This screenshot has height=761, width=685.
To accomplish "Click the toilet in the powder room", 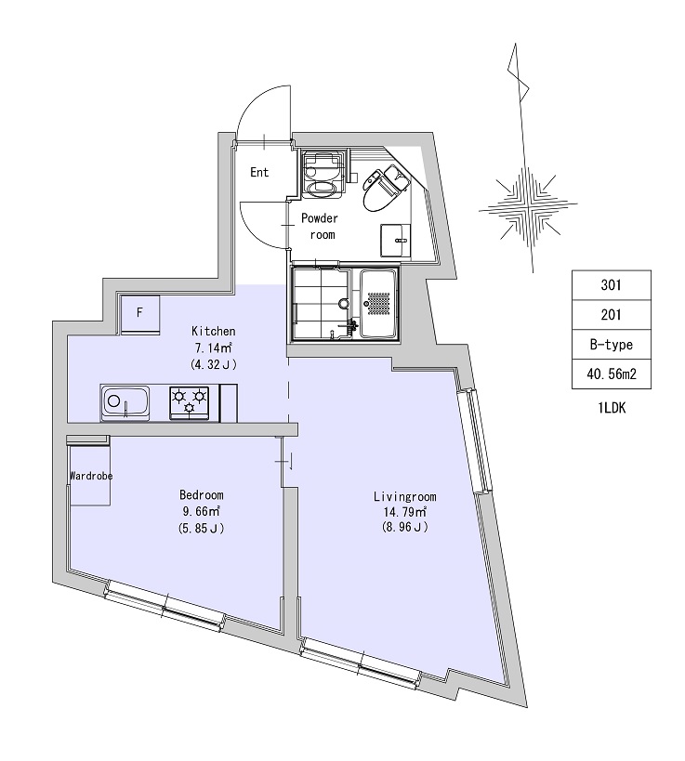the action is [x=384, y=188].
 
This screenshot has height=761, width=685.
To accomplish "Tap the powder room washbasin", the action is [x=396, y=241].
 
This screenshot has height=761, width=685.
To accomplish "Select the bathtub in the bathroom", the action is [x=378, y=304].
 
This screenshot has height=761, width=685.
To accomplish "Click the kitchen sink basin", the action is [x=125, y=402].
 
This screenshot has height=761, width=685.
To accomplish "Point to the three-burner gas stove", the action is [x=190, y=403].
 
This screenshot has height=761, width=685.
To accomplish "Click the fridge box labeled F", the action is [x=139, y=313].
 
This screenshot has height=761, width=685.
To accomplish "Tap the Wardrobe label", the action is [x=91, y=476].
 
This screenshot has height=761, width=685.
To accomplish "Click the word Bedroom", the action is [x=202, y=495].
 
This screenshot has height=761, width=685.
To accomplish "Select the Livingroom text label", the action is [x=405, y=496].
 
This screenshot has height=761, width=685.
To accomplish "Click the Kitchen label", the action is [x=214, y=331].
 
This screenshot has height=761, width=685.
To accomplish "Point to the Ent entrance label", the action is [x=259, y=172].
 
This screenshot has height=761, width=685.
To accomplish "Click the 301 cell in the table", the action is [x=612, y=285].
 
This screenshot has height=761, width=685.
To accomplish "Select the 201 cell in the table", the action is [x=612, y=315].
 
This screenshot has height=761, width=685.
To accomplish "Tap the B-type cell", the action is [x=612, y=345].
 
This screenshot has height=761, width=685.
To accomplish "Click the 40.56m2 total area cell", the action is [x=612, y=374].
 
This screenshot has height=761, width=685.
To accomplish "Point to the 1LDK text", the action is [x=612, y=408].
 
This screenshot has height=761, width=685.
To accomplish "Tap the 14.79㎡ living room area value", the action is [x=405, y=512].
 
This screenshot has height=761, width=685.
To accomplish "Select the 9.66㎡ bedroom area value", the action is [x=202, y=511].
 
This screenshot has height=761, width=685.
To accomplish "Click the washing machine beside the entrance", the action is [x=323, y=174].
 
